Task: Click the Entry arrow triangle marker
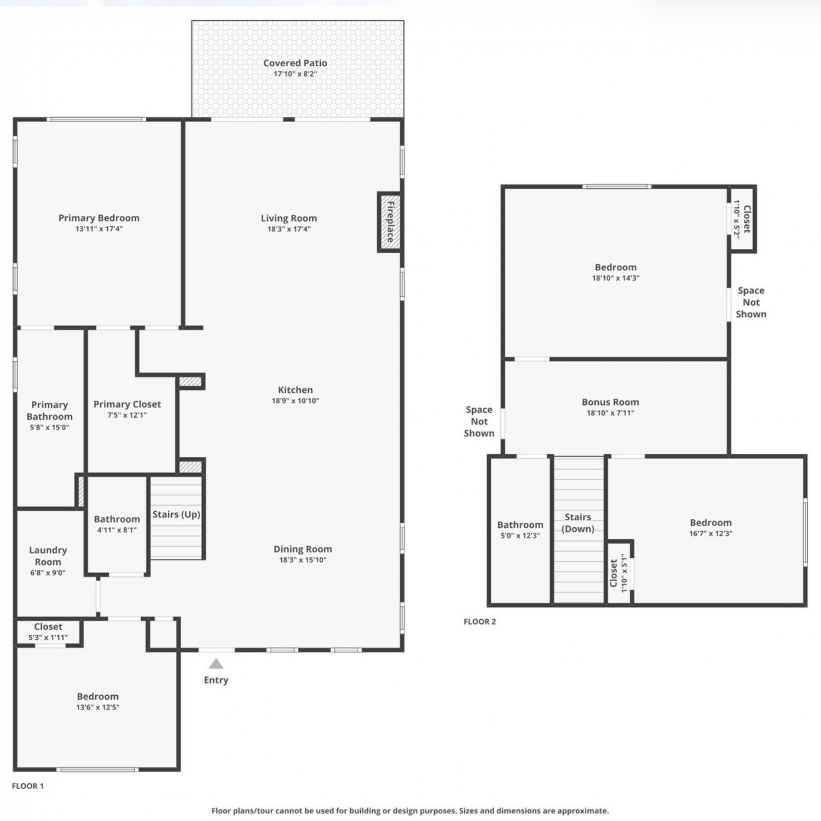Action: (216, 664)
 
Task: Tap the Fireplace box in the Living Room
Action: (390, 222)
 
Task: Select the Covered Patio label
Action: (295, 63)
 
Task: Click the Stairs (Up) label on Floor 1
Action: (176, 514)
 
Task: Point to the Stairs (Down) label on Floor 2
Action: (578, 523)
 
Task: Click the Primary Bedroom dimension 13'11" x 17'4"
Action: (99, 229)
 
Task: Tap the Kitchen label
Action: (296, 390)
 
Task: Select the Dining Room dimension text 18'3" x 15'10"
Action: (303, 560)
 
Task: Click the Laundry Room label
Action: (48, 556)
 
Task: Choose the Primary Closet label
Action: (127, 404)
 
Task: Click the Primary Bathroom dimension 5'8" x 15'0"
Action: (49, 427)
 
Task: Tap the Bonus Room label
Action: (610, 402)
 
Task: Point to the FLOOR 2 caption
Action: (479, 621)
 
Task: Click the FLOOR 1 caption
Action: (27, 786)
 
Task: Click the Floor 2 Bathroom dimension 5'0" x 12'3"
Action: (520, 536)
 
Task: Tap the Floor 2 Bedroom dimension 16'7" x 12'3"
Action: (710, 533)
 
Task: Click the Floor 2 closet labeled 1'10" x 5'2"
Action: (742, 219)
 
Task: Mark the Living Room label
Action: (289, 218)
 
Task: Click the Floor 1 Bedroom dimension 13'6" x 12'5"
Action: (97, 707)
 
